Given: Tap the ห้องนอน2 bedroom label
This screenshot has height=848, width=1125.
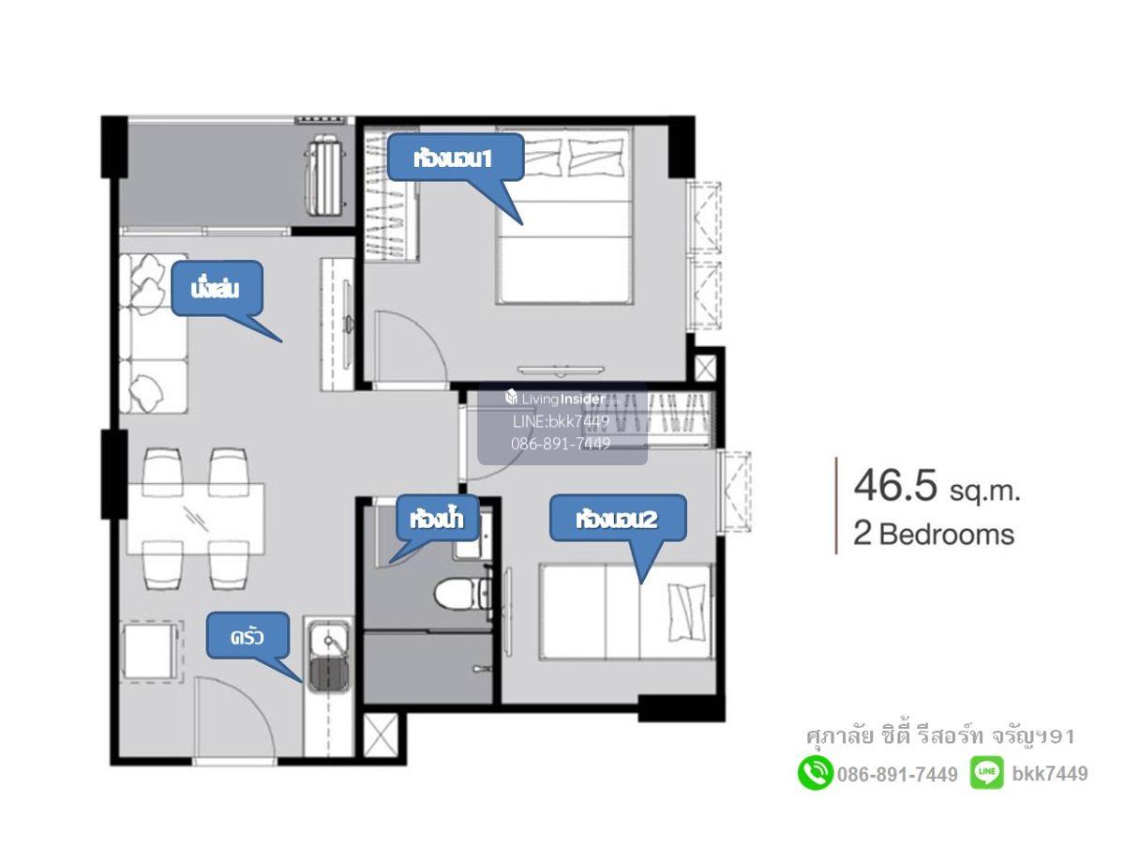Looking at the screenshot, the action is (x=617, y=519).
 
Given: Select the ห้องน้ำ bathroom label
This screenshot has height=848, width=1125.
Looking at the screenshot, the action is (x=437, y=519).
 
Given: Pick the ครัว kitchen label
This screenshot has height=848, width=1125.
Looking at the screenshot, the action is (x=247, y=636).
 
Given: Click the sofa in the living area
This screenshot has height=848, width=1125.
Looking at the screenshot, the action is (x=153, y=333).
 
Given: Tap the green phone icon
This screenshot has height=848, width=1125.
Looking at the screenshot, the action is (x=815, y=774).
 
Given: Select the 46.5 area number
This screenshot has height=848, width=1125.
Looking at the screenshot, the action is (x=894, y=485).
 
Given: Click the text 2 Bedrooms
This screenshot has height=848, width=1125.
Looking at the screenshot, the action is (x=934, y=534).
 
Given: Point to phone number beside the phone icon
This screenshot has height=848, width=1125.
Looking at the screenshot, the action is (x=897, y=774).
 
